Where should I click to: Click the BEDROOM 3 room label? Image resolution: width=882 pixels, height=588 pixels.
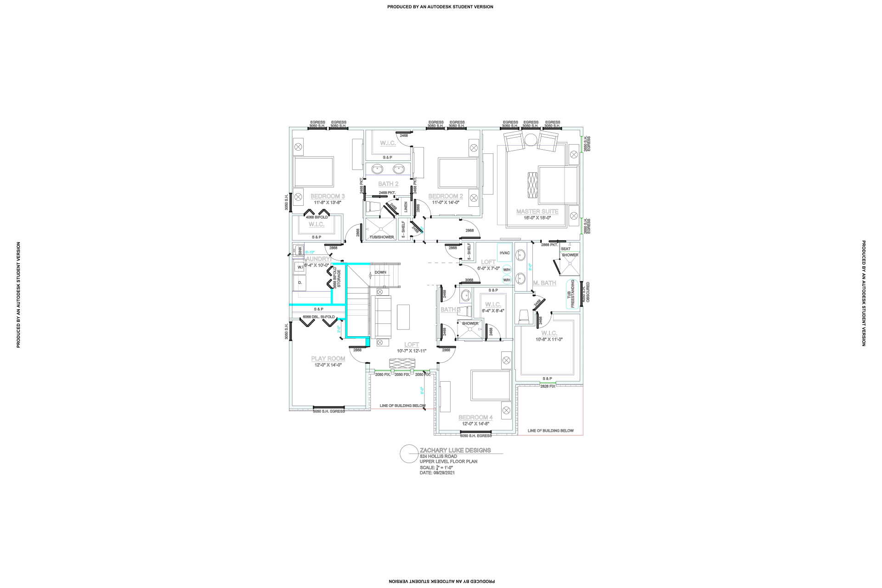[x=328, y=196]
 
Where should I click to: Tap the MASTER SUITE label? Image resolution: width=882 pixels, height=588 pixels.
[x=537, y=211]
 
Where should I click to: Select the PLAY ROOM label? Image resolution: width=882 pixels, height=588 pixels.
[x=328, y=358]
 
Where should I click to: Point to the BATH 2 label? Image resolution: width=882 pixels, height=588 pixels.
[x=388, y=184]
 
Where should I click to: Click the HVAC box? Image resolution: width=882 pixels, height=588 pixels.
[x=504, y=253]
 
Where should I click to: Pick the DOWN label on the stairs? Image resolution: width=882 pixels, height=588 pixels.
[x=380, y=272]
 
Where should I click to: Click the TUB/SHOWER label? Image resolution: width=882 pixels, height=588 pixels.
[x=382, y=237]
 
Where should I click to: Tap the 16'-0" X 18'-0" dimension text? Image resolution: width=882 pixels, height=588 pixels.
[x=537, y=218]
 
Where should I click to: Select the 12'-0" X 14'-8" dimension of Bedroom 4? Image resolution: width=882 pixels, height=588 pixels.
[x=475, y=424]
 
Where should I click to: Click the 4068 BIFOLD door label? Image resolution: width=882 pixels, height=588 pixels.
[x=317, y=217]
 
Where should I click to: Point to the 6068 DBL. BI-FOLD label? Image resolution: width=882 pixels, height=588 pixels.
[x=319, y=317]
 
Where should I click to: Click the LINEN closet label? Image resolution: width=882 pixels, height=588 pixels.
[x=406, y=207]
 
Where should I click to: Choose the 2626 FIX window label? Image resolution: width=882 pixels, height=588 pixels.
[x=548, y=386]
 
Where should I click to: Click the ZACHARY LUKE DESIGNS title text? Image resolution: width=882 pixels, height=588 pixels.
[x=455, y=450]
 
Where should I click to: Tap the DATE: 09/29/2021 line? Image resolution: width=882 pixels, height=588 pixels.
[x=437, y=473]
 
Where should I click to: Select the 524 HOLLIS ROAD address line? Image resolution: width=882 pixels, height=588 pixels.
[x=438, y=456]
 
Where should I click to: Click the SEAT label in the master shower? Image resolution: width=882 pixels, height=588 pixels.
[x=565, y=249]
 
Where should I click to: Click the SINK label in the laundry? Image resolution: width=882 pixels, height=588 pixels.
[x=300, y=251]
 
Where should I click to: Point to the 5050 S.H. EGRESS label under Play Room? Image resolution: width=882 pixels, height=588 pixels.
[x=328, y=411]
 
